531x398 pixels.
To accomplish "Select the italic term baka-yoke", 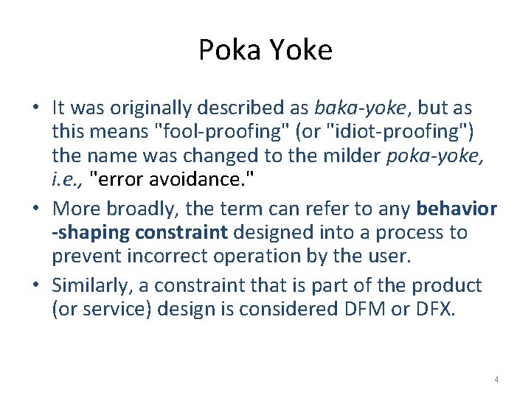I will point(360,108).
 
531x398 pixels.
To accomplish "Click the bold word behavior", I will point(457,209).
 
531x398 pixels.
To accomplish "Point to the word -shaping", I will point(89,233).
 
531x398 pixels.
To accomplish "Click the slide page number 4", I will point(496,380).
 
